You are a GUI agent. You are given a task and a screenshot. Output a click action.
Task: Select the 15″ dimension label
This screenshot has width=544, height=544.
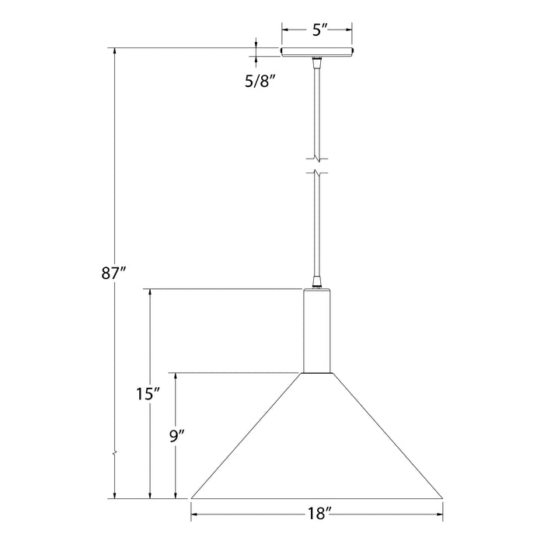[x=147, y=394]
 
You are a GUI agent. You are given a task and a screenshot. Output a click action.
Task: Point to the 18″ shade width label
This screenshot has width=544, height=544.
[x=317, y=513]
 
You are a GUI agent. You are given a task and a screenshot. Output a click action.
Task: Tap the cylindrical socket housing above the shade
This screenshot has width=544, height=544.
[x=317, y=330]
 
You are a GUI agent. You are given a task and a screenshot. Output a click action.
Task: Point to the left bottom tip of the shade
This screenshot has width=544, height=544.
[x=192, y=497]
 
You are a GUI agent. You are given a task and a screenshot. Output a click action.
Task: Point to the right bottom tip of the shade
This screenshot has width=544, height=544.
[x=442, y=497]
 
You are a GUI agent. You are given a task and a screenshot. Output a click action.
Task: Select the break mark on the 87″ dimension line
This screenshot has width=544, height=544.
[x=115, y=452]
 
